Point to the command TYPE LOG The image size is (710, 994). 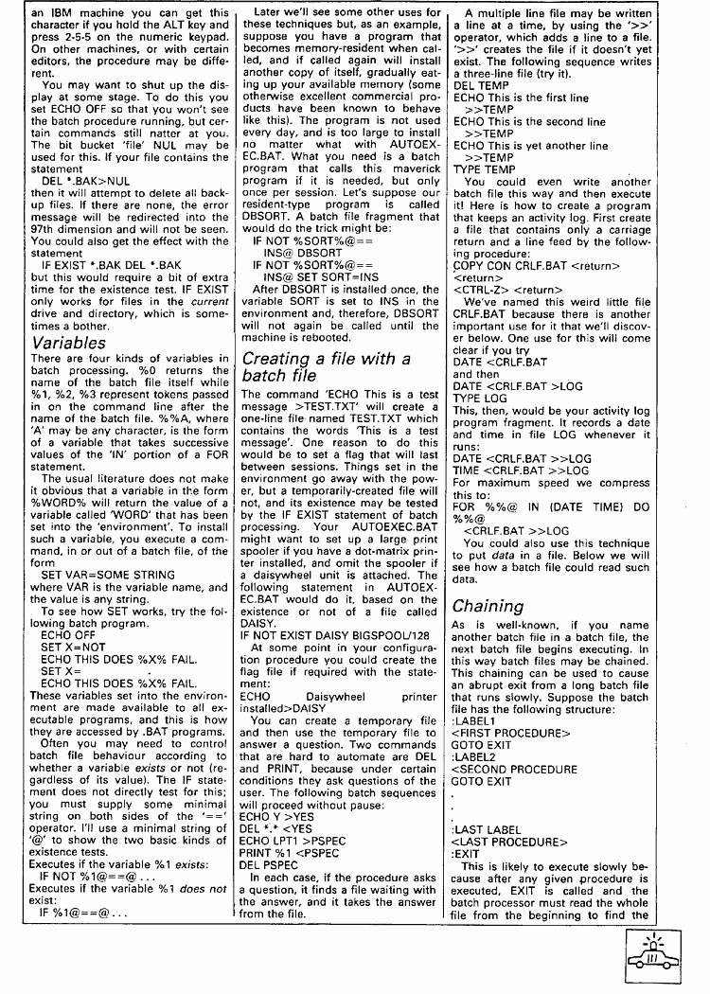[478, 399]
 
